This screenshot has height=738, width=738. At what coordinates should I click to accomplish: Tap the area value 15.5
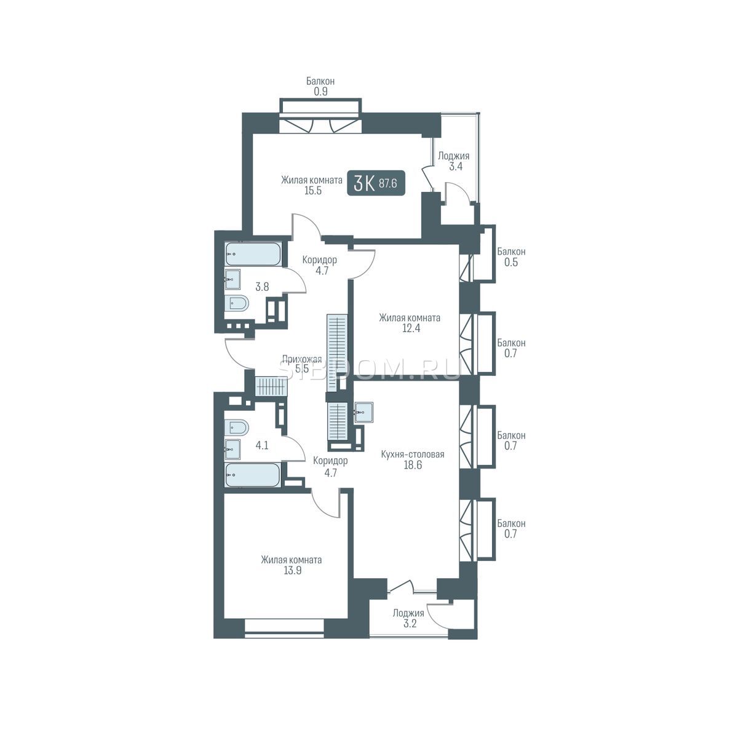pyautogui.click(x=313, y=190)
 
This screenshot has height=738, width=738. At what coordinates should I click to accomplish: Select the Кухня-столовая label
pyautogui.click(x=413, y=454)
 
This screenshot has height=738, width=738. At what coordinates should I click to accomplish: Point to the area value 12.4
pyautogui.click(x=411, y=328)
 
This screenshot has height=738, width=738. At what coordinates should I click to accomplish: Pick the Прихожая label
pyautogui.click(x=302, y=359)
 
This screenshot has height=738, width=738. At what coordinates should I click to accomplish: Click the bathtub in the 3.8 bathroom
pyautogui.click(x=253, y=254)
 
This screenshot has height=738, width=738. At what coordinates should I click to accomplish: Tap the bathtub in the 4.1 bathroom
pyautogui.click(x=253, y=475)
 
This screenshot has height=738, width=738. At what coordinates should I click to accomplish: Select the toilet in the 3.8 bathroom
pyautogui.click(x=237, y=304)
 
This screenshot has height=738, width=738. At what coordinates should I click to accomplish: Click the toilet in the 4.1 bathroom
pyautogui.click(x=237, y=427)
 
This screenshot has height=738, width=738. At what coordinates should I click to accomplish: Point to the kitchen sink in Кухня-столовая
pyautogui.click(x=363, y=412)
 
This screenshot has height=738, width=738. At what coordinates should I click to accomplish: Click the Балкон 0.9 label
pyautogui.click(x=320, y=86)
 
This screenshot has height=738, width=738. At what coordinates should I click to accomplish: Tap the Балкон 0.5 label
pyautogui.click(x=511, y=257)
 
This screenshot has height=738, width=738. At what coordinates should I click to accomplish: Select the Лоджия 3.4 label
pyautogui.click(x=454, y=161)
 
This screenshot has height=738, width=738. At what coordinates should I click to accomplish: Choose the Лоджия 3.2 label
pyautogui.click(x=408, y=618)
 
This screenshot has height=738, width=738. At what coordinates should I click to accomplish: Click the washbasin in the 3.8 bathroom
pyautogui.click(x=232, y=280)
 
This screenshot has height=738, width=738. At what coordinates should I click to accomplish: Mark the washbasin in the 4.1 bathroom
pyautogui.click(x=232, y=449)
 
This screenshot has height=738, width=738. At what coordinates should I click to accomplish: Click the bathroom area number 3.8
pyautogui.click(x=262, y=287)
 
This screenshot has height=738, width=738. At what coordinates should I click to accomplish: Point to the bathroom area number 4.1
pyautogui.click(x=262, y=445)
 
